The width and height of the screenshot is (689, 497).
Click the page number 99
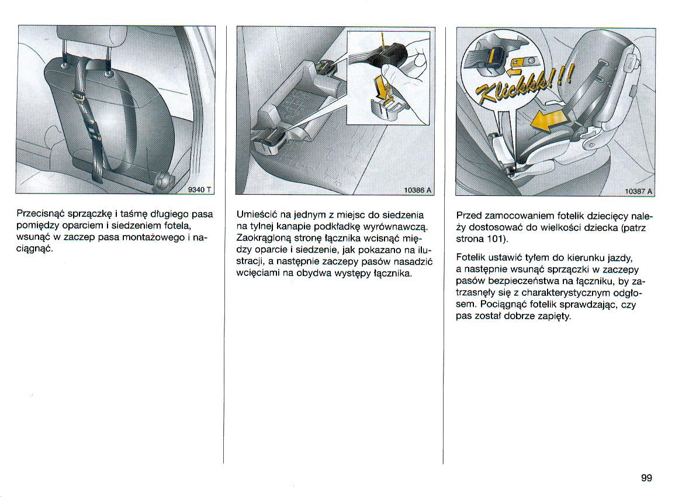pyautogui.click(x=646, y=478)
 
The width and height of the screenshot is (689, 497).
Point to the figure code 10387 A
pyautogui.click(x=638, y=191)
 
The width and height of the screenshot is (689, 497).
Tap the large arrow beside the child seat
pyautogui.click(x=549, y=120)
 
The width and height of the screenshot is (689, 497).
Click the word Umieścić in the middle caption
pyautogui.click(x=255, y=215)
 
